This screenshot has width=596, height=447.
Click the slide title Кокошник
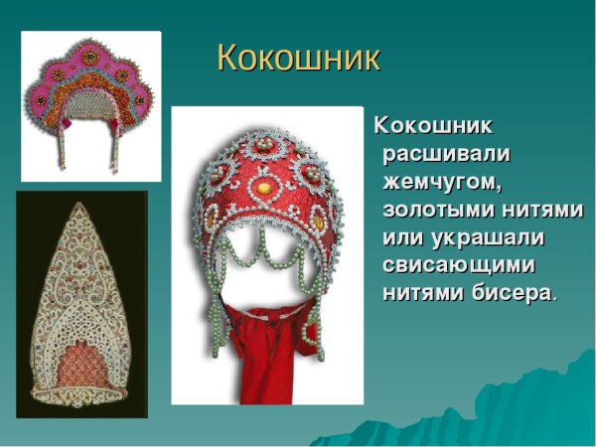pyautogui.click(x=298, y=59)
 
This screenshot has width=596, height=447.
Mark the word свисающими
pyautogui.click(x=458, y=267)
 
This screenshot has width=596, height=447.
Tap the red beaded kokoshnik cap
pyautogui.click(x=263, y=189)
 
